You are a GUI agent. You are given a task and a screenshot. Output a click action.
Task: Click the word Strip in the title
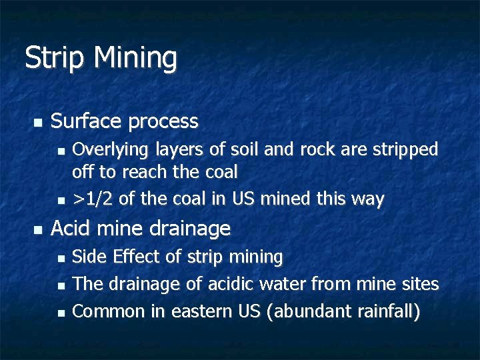click(x=55, y=58)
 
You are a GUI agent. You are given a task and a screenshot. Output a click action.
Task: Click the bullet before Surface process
click(x=37, y=123)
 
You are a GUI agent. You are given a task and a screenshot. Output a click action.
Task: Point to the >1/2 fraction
click(x=88, y=199)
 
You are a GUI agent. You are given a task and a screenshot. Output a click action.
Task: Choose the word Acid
click(x=67, y=229)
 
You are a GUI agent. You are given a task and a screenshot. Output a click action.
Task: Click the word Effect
click(x=138, y=257)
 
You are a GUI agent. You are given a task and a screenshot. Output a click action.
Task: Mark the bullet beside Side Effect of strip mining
click(x=61, y=257)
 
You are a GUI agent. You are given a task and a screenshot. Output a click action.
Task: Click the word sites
click(x=421, y=284)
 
